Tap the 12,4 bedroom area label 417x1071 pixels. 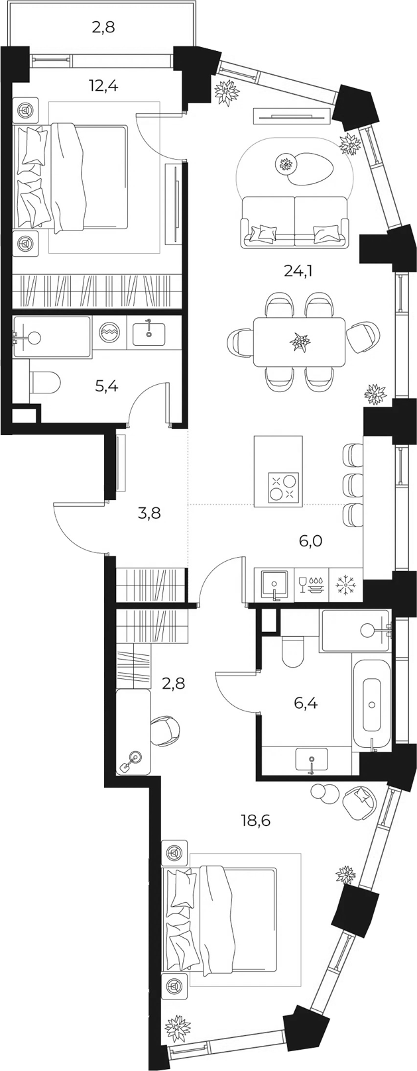(x=103, y=87)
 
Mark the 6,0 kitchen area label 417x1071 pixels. (x=310, y=541)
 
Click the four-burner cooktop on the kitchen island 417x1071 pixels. (x=284, y=487)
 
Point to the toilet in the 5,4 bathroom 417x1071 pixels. (x=46, y=382)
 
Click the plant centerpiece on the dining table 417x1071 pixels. (x=301, y=341)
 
